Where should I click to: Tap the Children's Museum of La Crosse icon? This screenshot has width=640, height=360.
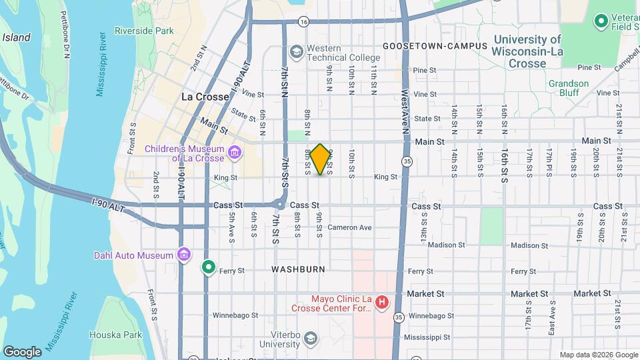234,153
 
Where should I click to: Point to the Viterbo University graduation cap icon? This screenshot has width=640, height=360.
310,339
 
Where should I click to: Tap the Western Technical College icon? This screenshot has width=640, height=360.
295,51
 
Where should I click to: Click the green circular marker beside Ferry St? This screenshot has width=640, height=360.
209,267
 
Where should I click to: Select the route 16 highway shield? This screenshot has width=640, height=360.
303,21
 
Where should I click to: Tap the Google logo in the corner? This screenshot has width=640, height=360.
22,351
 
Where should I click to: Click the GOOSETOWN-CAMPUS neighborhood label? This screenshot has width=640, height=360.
435,46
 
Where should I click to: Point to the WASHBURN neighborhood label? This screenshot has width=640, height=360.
298,269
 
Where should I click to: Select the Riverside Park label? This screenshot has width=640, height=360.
144,31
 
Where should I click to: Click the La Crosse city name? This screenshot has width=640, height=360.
205,97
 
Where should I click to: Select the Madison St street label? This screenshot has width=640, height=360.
445,245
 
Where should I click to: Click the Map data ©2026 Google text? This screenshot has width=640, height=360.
597,355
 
